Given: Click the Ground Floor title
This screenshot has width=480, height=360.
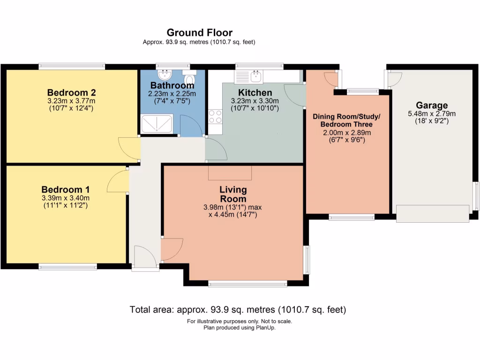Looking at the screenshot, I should click(199, 32).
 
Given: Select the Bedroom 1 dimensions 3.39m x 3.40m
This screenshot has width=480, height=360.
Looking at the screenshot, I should click(65, 198).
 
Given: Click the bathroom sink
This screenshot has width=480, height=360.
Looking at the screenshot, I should click(165, 75).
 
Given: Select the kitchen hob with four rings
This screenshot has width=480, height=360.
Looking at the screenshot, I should click(215, 116).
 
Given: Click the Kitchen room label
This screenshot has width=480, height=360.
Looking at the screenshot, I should click(255, 92).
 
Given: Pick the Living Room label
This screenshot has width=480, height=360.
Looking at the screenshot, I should click(233, 194).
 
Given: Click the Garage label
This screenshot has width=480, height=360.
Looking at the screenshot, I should click(432, 105).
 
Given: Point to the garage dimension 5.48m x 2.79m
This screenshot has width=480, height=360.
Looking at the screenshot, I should click(432, 113).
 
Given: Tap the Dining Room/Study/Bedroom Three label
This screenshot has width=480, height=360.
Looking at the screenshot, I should click(346, 120).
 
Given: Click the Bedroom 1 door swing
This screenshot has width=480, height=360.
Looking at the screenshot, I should click(118, 181).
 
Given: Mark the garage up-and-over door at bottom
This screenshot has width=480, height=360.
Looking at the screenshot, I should click(432, 213).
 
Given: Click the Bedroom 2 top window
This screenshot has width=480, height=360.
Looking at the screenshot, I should click(71, 66).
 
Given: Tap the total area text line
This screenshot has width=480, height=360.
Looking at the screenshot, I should click(238, 309).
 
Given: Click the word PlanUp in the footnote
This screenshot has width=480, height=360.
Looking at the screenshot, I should click(266, 328).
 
